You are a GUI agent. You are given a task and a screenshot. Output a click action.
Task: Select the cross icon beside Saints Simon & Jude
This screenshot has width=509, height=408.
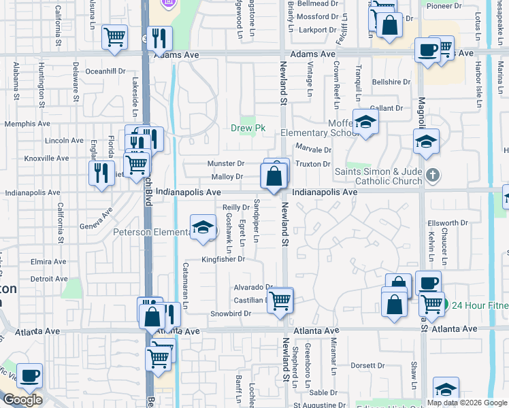click(x=431, y=177)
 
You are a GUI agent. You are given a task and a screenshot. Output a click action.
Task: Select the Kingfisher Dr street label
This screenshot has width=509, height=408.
click(x=223, y=259)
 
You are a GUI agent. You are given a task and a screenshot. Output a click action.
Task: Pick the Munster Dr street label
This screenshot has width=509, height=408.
click(x=227, y=164)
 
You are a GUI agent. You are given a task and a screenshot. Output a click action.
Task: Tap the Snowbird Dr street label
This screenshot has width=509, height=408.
click(x=231, y=313)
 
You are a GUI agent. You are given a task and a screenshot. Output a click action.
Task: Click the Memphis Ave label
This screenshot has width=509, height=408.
click(x=27, y=124)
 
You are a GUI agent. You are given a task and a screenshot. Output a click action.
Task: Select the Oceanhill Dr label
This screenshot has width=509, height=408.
click(x=105, y=71)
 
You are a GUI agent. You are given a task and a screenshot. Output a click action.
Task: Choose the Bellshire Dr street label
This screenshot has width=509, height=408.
click(x=391, y=82)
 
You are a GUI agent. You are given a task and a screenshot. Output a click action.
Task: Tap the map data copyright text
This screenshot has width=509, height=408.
click(x=467, y=403)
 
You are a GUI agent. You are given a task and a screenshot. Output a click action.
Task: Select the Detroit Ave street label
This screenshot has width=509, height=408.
click(x=49, y=279)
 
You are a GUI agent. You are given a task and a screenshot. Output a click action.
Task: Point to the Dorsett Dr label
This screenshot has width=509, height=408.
click(x=367, y=365)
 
